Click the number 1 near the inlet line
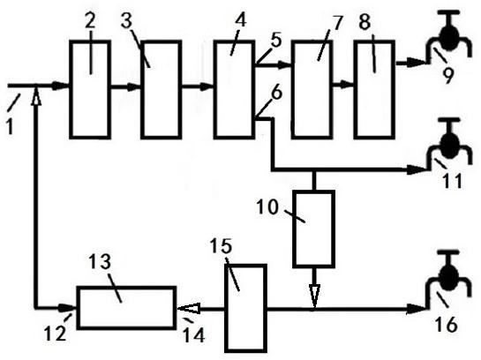click(x=10, y=126)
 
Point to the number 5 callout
click(x=276, y=40)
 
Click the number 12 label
click(x=56, y=333)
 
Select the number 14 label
click(x=194, y=335)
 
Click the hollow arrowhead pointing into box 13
click(x=189, y=308)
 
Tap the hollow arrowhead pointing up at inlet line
click(x=36, y=96)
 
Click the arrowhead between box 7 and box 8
click(x=347, y=85)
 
